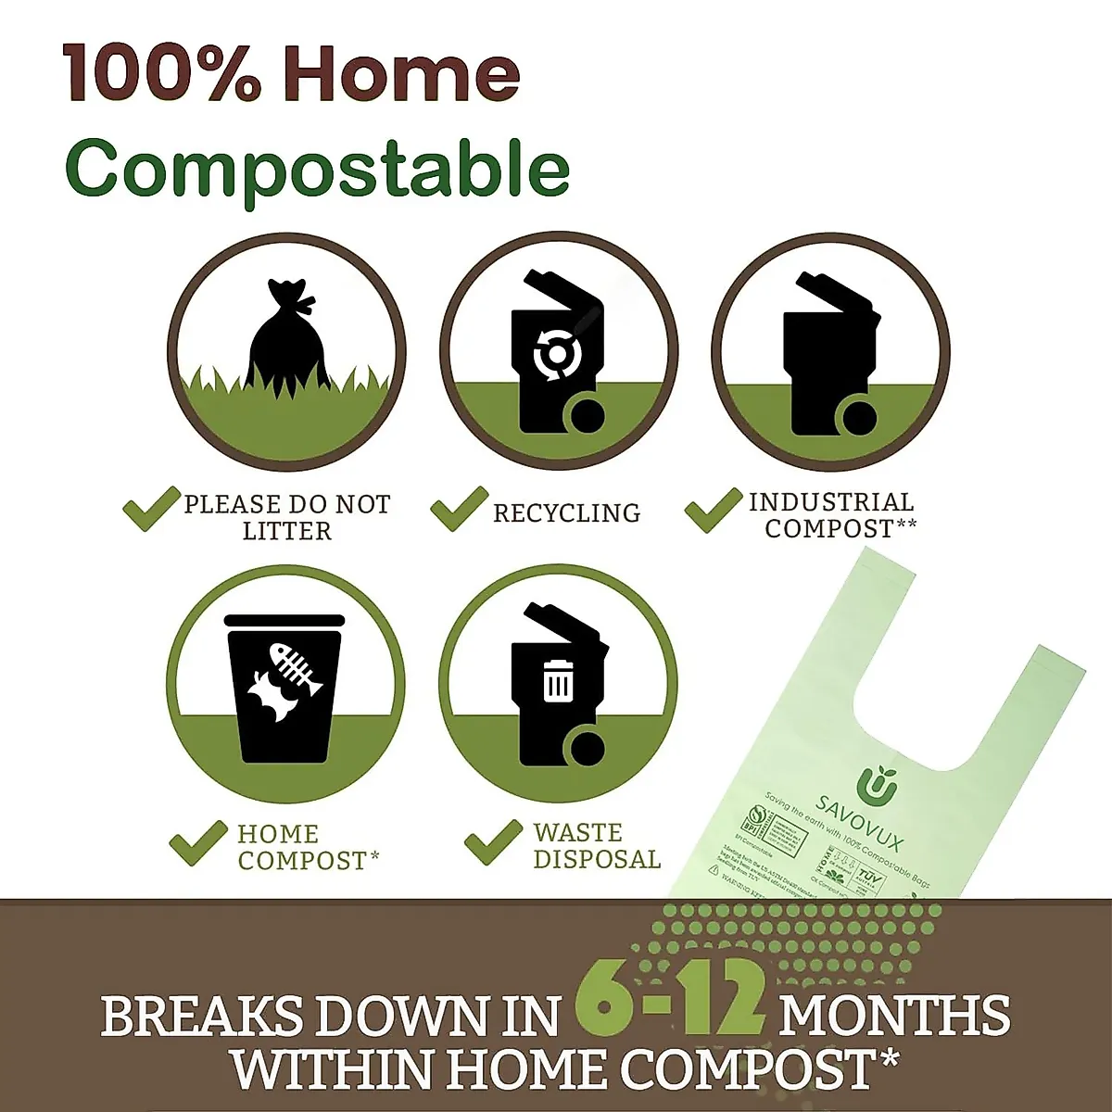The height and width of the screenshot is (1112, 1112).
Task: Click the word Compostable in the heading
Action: [317, 169]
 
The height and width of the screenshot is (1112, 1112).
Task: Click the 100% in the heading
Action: [163, 74]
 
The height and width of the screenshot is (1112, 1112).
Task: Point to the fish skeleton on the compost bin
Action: [297, 669]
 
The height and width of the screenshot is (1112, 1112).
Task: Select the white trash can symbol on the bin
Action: [558, 680]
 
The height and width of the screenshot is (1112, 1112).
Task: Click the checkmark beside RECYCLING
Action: [459, 509]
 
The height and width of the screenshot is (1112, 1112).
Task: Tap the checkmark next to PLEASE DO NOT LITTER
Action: [151, 509]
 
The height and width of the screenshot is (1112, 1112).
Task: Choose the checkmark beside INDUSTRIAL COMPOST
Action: [713, 510]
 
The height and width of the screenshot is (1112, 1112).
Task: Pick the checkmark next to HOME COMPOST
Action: [197, 843]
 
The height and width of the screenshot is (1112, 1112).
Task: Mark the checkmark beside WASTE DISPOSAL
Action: [492, 842]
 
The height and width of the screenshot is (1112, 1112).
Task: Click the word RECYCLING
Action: [566, 513]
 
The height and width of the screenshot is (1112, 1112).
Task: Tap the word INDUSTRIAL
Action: [831, 502]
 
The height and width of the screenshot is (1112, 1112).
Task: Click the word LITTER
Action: [286, 531]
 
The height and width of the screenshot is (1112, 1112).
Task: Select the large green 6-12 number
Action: [669, 1004]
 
